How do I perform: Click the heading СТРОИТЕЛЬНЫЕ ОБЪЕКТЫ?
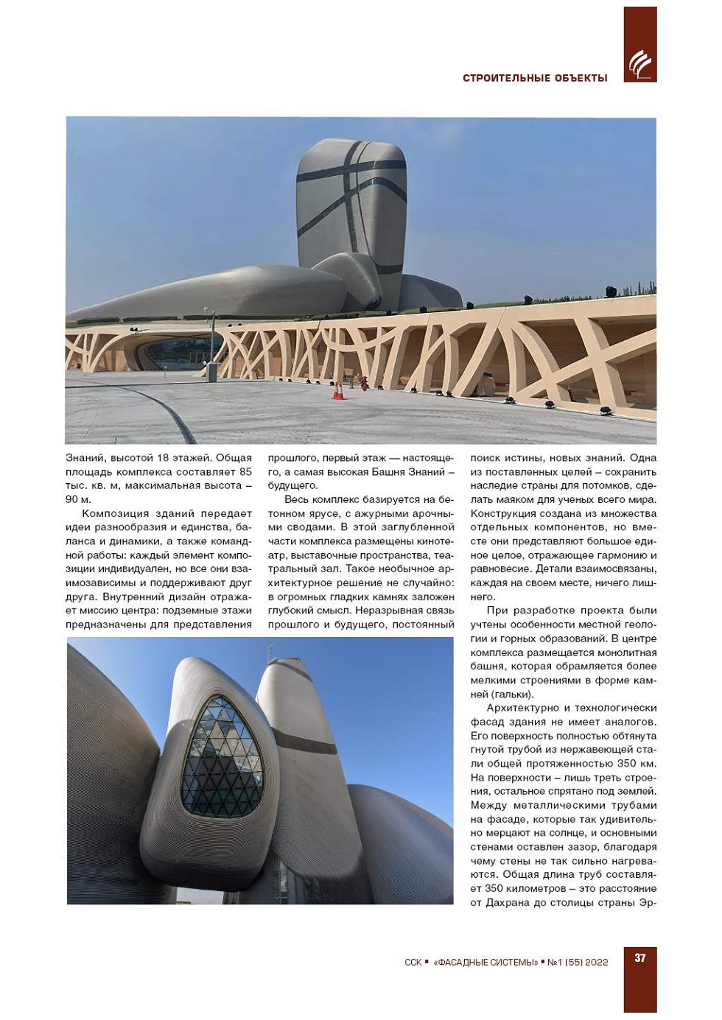(x=535, y=78)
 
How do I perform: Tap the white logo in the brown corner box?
(x=639, y=65)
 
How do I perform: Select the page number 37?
(x=639, y=957)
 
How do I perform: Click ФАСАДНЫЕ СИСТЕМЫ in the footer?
(x=486, y=962)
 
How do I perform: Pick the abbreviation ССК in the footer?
(x=413, y=962)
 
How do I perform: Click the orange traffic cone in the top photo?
(x=338, y=390)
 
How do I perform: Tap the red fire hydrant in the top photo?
(x=363, y=383)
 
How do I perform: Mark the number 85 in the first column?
(x=245, y=471)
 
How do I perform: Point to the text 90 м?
(x=77, y=499)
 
